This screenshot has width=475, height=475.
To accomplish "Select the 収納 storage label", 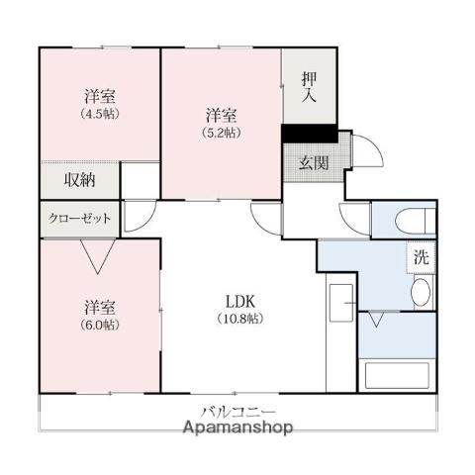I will (x=80, y=180).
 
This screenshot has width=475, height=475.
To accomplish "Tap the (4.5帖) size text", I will (x=99, y=113).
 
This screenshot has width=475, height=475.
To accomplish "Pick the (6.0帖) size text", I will (x=99, y=325).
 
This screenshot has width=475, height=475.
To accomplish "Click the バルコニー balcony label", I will (x=238, y=412).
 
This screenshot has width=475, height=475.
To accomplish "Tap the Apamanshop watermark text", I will (x=237, y=428).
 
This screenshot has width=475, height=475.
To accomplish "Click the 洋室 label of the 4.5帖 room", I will (x=99, y=96).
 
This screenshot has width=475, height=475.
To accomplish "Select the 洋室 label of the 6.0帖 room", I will (x=99, y=307).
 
